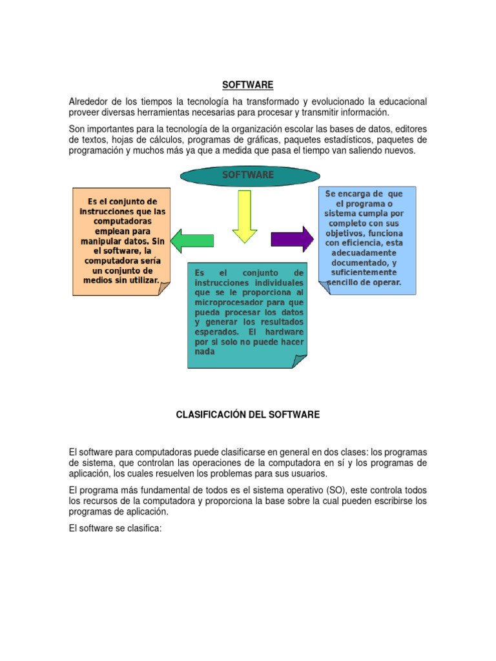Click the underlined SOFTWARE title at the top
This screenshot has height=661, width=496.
(x=248, y=85)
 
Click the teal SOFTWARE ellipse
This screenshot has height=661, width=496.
(x=248, y=175)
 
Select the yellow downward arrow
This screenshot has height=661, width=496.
(x=245, y=217)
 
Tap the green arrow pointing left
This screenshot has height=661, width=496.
(x=192, y=239)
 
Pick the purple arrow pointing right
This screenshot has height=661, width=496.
(x=291, y=239)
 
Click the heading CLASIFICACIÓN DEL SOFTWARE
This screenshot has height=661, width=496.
(x=248, y=414)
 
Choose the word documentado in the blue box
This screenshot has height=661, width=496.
(x=360, y=263)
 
